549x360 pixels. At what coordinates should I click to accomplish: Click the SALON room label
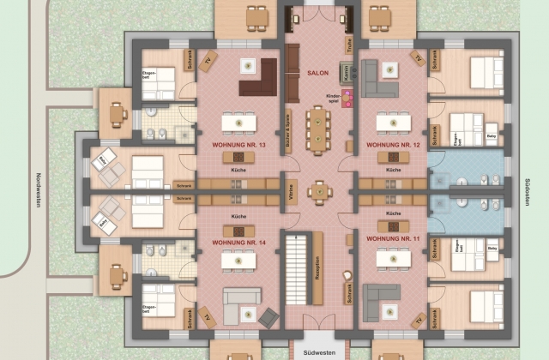point(317,73)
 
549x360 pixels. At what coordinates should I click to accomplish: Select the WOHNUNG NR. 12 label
point(394,145)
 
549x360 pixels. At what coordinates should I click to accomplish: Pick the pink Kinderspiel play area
point(347,99)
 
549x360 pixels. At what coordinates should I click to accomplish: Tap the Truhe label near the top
point(350,41)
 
